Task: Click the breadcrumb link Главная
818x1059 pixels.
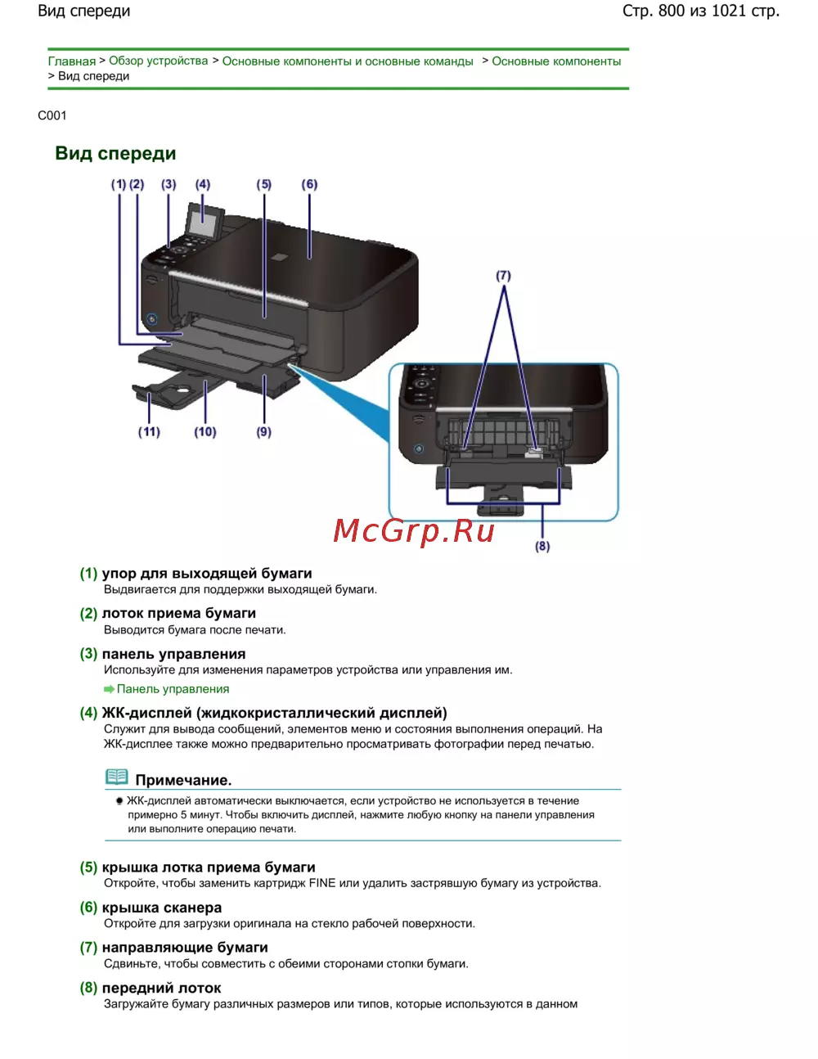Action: tap(71, 61)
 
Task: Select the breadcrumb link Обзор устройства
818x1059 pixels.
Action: tap(158, 61)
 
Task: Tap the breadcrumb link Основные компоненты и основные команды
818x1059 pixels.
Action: tap(348, 61)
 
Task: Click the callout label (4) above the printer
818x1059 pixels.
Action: tap(202, 184)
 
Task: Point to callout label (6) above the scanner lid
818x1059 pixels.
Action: tap(309, 184)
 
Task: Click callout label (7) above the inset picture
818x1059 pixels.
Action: tap(503, 276)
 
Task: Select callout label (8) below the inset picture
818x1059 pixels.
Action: tap(542, 546)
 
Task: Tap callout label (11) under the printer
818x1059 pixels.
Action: tap(149, 431)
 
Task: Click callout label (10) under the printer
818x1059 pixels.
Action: tap(205, 431)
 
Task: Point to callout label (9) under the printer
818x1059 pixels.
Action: tap(263, 431)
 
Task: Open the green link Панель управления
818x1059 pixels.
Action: tap(173, 689)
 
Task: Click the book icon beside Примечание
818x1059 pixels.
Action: tap(117, 777)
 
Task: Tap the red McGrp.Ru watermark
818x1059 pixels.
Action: tap(414, 531)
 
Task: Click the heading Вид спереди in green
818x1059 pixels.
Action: tap(115, 154)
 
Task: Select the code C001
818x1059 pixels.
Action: tap(52, 115)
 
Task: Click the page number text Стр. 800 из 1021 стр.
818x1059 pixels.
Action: tap(700, 11)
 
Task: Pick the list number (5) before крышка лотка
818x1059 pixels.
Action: tap(88, 867)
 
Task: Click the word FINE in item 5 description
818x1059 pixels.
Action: tap(322, 883)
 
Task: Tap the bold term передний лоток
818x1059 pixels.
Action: tap(161, 988)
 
